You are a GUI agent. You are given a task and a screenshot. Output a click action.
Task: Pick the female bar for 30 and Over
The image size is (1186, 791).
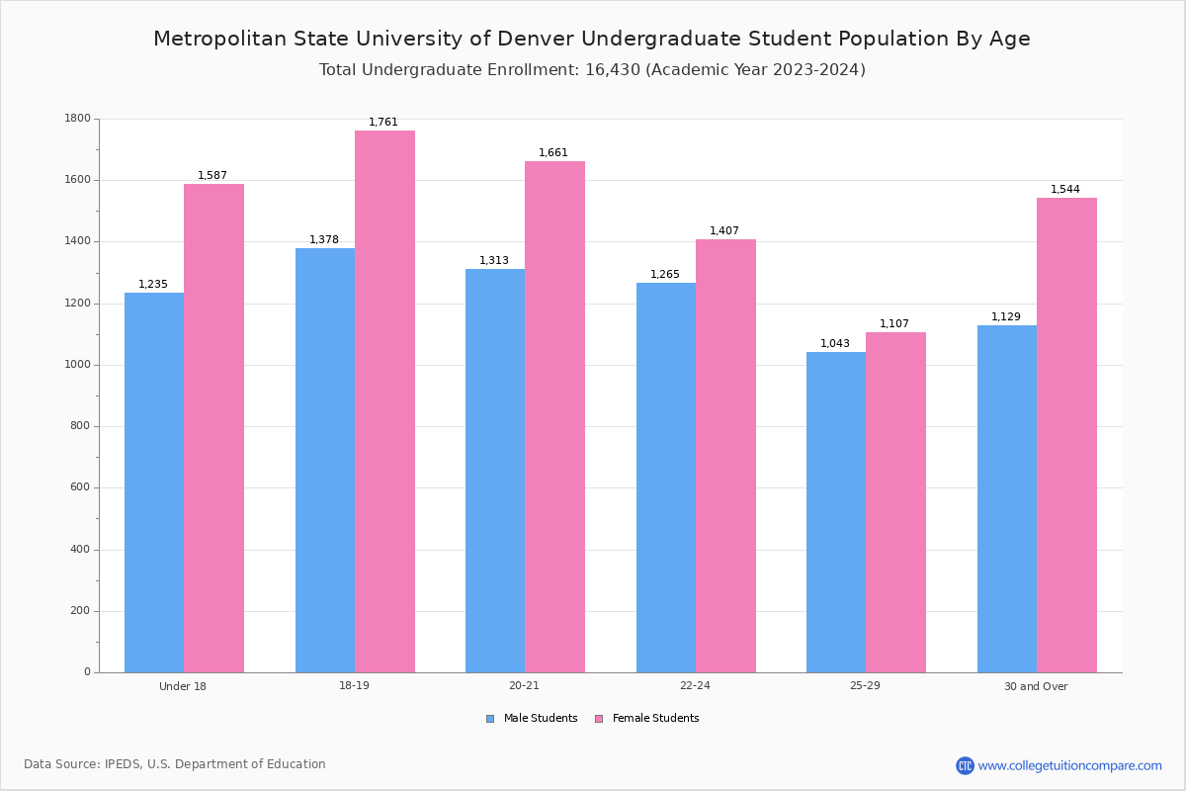click(1066, 435)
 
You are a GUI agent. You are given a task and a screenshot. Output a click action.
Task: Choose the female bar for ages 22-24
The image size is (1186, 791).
click(725, 456)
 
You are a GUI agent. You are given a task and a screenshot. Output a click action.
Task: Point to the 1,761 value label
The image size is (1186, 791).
click(383, 123)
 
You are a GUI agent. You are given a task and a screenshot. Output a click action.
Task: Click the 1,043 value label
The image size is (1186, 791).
click(835, 344)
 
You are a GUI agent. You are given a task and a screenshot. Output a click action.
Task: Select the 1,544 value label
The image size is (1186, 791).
click(1065, 190)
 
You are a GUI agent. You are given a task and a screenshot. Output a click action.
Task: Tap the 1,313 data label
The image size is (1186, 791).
click(494, 261)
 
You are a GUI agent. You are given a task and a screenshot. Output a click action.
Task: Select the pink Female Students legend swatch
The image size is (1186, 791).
click(599, 719)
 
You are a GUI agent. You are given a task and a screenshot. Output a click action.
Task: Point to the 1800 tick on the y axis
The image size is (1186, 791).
click(77, 119)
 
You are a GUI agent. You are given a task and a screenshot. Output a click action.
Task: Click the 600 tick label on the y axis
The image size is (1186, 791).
click(80, 487)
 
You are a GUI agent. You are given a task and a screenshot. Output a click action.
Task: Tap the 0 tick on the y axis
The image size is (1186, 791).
click(87, 672)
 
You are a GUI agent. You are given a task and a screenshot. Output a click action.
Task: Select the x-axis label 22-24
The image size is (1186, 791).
click(695, 686)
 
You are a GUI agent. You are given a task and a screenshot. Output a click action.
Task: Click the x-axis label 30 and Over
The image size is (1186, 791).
click(1036, 686)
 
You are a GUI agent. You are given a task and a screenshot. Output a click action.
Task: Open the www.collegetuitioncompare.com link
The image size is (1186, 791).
click(1069, 765)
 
